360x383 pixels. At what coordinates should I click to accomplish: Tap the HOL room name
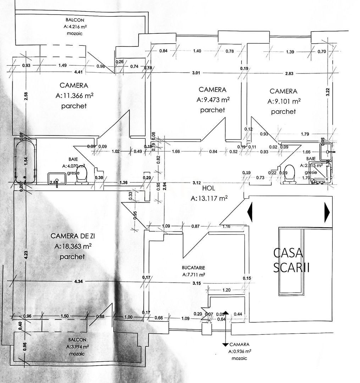click(x=209, y=188)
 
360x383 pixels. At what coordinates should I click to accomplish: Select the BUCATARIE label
click(x=194, y=268)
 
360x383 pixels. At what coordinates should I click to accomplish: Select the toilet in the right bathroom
click(x=290, y=174)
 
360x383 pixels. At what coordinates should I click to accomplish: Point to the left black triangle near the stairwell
click(x=250, y=212)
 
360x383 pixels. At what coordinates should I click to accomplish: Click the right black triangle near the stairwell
click(x=327, y=212)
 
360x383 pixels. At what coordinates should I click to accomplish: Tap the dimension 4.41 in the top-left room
click(x=79, y=72)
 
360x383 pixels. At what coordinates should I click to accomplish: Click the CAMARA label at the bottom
click(x=239, y=344)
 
